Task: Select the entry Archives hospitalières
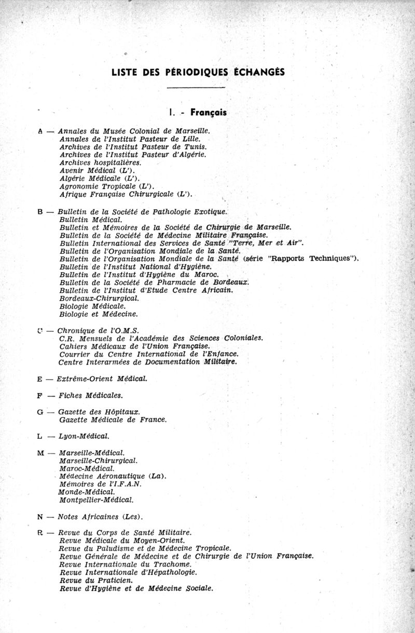point(97,163)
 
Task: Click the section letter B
point(41,212)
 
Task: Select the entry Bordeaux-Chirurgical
point(99,299)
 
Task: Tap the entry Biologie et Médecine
point(99,314)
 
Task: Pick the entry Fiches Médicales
point(90,396)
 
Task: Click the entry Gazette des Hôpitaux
point(99,412)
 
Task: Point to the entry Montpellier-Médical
point(96,500)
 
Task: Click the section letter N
point(40,517)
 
